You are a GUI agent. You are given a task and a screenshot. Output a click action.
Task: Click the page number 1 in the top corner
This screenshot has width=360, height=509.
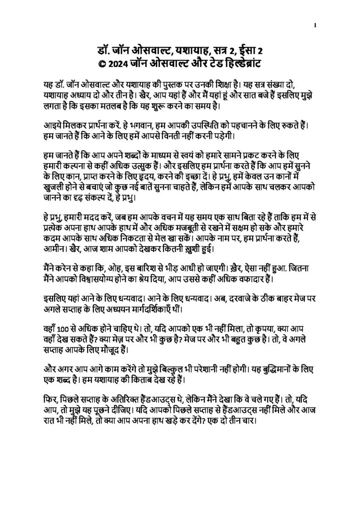[x=315, y=25]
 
